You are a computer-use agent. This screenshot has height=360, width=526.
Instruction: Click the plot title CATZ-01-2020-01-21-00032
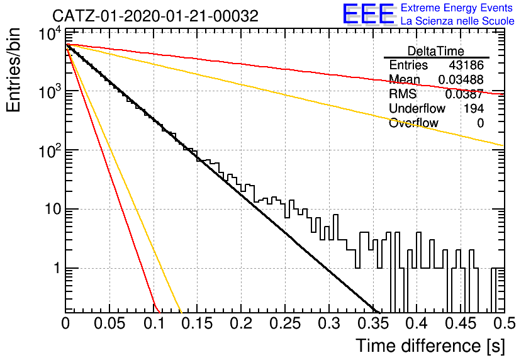point(155,16)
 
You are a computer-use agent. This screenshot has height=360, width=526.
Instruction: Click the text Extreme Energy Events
point(457,8)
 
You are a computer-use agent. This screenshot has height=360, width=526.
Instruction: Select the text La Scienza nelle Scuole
point(457,21)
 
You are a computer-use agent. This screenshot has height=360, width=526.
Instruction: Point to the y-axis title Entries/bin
point(13,70)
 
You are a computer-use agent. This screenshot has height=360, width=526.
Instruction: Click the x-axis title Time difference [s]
point(430,346)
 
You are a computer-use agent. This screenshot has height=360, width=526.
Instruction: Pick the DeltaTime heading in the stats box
point(436,51)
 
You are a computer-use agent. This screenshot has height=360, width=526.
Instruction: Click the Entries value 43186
point(466,65)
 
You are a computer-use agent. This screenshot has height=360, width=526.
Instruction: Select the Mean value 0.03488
point(461,79)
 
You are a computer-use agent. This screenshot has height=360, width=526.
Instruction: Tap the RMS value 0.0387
point(464,94)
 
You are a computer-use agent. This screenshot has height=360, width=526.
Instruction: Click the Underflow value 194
point(474,108)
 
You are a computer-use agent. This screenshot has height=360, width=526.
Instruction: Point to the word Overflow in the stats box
point(413,123)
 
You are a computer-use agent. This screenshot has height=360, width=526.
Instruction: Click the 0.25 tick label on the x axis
point(285,323)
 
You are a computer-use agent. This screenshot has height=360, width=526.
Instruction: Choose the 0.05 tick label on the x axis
point(109,323)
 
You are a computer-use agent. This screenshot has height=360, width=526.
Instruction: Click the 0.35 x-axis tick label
point(373,323)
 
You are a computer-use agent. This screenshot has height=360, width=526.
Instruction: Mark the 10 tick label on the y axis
point(53,210)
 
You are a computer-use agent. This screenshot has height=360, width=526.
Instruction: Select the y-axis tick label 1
point(58,268)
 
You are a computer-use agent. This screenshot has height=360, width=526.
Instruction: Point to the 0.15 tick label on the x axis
point(197,323)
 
